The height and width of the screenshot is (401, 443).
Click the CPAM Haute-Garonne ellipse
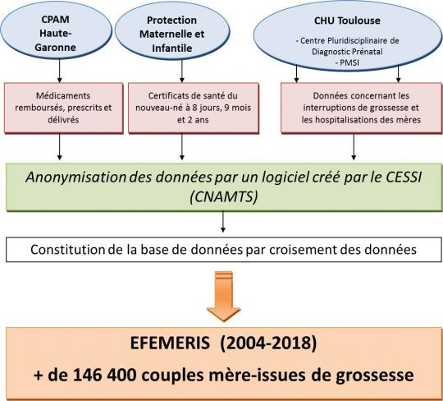point(56,30)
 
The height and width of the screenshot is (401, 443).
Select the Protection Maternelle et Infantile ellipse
point(172,31)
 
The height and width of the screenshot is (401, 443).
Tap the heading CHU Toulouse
point(347,21)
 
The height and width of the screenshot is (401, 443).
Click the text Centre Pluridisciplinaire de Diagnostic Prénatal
point(347,46)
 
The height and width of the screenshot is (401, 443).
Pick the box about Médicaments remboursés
point(63,108)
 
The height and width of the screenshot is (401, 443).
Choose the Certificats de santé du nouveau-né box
point(194,108)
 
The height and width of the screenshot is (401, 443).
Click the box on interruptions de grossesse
point(361,108)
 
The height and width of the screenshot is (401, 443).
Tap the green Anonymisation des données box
point(224,187)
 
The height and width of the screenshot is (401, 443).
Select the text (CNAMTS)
point(224,197)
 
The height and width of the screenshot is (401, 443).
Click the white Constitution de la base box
point(223,250)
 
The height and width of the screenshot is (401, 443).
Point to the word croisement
point(299,250)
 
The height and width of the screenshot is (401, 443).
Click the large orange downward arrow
point(224,297)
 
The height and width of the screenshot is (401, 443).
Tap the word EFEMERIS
point(170,343)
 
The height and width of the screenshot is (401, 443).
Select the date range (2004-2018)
point(269,343)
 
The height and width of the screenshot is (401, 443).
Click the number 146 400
point(104,375)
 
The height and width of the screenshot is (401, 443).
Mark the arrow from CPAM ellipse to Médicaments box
point(59,71)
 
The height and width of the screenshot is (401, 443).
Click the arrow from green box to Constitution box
point(223,222)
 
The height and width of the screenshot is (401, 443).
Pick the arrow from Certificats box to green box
point(182,146)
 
